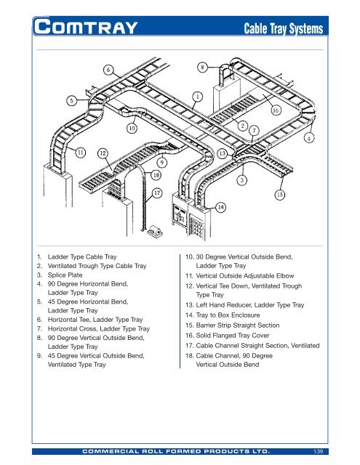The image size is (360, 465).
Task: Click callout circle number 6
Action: coord(107,70)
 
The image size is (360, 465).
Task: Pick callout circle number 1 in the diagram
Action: coord(197,95)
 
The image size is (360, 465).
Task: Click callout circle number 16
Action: coord(277,111)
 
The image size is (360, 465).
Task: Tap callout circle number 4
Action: coord(309,137)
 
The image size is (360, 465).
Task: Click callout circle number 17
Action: coord(157,193)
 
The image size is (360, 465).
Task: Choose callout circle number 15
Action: coord(279,195)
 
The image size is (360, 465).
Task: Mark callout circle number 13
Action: coord(222,153)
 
